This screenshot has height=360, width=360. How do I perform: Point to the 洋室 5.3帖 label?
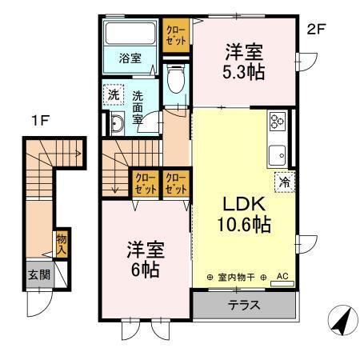243,62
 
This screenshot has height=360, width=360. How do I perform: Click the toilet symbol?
177,78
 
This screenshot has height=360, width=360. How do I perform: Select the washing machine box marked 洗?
114,94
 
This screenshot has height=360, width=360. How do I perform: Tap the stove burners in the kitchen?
278,122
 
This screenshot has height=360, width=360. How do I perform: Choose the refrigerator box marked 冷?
283,182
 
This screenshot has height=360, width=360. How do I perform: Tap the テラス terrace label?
243,305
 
